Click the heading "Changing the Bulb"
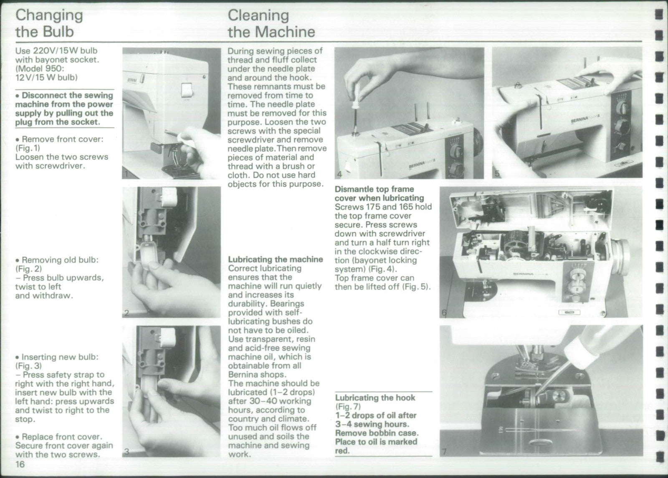click(x=49, y=23)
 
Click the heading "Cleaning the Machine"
click(x=271, y=23)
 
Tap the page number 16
click(x=20, y=465)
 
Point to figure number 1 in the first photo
click(x=127, y=174)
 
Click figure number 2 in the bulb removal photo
click(x=127, y=313)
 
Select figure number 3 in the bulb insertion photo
click(x=127, y=451)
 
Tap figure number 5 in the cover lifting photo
click(x=496, y=174)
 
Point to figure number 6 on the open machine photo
click(x=444, y=313)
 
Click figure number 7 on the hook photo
click(x=444, y=451)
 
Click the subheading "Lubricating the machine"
click(x=275, y=259)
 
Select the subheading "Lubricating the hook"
click(x=375, y=397)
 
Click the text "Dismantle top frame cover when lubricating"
click(x=379, y=193)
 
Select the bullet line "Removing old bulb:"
click(x=60, y=260)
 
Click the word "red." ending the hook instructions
click(x=342, y=451)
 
